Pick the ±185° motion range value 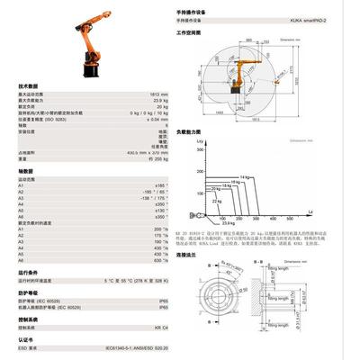pos(162,185)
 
